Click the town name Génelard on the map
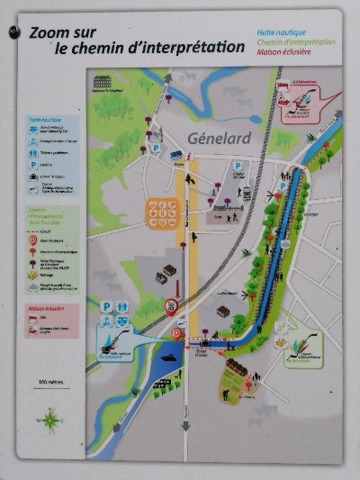(x=220, y=137)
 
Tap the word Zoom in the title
(x=49, y=32)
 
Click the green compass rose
(x=49, y=419)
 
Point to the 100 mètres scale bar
(x=54, y=383)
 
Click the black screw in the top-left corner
(x=13, y=32)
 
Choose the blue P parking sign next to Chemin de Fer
(x=238, y=167)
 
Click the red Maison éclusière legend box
(x=52, y=321)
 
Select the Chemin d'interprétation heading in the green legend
(x=50, y=212)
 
